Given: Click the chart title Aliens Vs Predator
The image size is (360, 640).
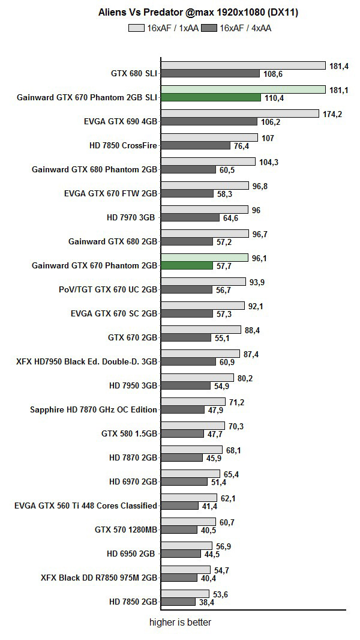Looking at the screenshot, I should (x=198, y=12).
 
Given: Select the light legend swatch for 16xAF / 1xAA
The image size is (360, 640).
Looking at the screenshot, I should (x=137, y=28).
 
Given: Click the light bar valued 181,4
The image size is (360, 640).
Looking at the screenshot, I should (x=242, y=65).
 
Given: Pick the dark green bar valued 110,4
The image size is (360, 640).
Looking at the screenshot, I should (x=210, y=98).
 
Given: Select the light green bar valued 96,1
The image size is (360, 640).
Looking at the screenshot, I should (x=204, y=258).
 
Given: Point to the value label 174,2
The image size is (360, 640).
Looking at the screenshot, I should (x=332, y=114).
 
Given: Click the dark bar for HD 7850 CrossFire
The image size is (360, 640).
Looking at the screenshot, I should (x=196, y=146).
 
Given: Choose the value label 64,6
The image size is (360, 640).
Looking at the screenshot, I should (x=231, y=218).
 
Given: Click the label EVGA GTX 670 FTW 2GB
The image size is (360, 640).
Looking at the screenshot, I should (x=110, y=193).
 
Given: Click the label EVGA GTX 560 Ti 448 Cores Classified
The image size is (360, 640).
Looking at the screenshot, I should (x=86, y=506).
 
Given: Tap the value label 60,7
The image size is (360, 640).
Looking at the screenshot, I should (x=227, y=522).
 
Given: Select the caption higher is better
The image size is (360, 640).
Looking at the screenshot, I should (x=180, y=623).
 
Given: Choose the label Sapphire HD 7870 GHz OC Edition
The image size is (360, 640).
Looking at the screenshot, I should (x=94, y=409).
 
